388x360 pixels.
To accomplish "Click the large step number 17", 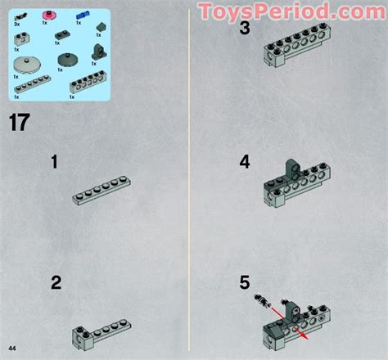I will (20, 123).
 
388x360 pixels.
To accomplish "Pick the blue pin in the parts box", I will (82, 16).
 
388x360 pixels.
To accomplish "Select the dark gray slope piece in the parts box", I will (100, 26).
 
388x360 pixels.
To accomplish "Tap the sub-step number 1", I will (54, 162).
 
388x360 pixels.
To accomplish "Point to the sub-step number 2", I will (56, 283).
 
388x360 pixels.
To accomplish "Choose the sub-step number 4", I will (245, 162).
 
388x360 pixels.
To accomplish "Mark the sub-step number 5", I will (245, 283).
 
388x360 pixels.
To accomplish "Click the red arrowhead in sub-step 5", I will (304, 334).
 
